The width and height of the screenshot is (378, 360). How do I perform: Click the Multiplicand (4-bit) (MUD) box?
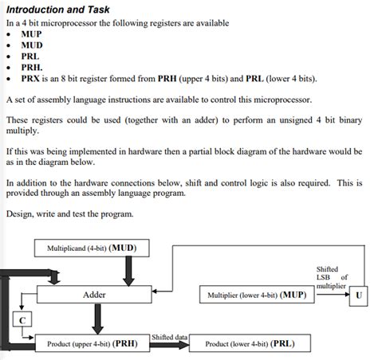pos(91,248)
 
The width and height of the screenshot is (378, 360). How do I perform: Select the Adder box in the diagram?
pos(94,295)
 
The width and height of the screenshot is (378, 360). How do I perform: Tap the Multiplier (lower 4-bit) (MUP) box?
pos(257,295)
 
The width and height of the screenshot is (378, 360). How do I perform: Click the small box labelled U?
pos(360,295)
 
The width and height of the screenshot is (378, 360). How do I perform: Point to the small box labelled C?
pos(23,319)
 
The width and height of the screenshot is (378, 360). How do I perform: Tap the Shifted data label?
pos(169,338)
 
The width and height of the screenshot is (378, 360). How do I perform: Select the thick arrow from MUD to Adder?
pos(127,271)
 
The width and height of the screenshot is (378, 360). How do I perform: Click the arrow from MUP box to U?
pos(331,295)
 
